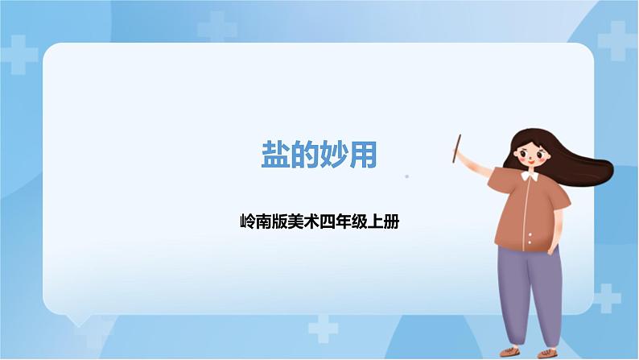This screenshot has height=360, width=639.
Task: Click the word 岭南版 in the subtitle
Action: click(260, 220)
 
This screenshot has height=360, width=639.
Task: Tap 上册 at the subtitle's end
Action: click(385, 220)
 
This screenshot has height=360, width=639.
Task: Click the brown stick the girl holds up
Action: click(457, 150)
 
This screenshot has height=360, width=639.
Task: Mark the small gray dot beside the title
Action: click(406, 176)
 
